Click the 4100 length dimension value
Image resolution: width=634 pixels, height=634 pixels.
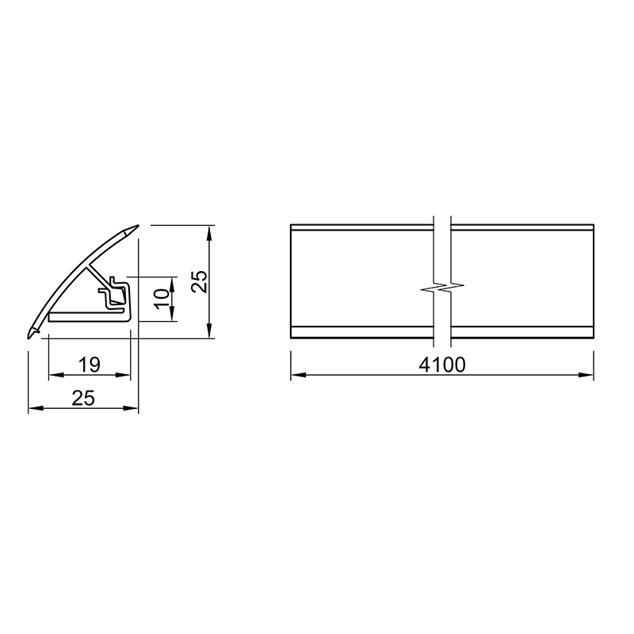point(442,365)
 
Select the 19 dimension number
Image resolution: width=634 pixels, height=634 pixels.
point(90,365)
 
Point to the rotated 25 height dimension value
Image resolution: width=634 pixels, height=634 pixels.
point(199,281)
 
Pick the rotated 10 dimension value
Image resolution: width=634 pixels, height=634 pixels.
point(161,297)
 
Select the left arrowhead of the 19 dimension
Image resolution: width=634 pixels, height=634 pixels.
point(55,375)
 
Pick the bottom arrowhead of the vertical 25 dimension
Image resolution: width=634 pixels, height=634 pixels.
point(209,333)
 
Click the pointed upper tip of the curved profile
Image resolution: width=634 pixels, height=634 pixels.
point(135,228)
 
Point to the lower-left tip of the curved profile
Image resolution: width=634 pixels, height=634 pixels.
point(30,335)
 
